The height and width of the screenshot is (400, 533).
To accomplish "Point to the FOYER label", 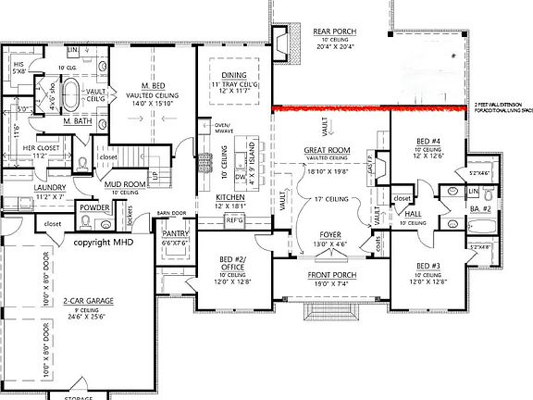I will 329,234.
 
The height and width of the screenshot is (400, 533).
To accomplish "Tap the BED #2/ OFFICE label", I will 232,263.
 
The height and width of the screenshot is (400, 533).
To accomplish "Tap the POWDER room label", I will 94,207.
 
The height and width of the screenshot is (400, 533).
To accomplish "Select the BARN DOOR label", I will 171,212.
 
